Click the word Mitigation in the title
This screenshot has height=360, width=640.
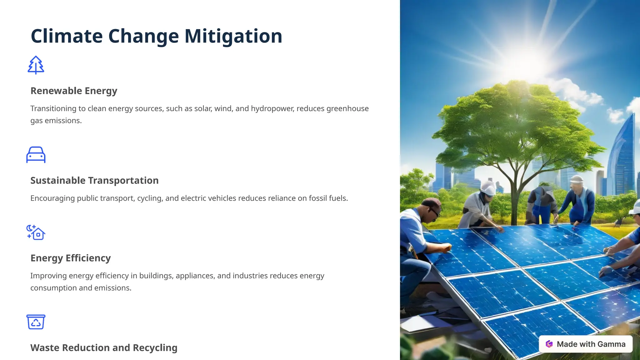[x=233, y=36]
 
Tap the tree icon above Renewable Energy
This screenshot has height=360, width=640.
[x=36, y=65]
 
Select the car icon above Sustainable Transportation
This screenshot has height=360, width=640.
[x=36, y=155]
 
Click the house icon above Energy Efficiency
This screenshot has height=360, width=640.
[x=36, y=232]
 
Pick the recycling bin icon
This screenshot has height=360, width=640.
[x=36, y=322]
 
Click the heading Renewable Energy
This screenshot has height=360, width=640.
[x=74, y=91]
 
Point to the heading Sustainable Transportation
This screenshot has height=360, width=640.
[x=94, y=181]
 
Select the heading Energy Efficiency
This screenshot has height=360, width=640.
[x=71, y=258]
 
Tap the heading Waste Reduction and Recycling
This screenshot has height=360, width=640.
[x=104, y=348]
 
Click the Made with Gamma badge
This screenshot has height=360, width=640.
[x=586, y=344]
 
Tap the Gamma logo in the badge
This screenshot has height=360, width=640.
[x=549, y=344]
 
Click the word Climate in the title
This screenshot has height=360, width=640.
[x=67, y=36]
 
